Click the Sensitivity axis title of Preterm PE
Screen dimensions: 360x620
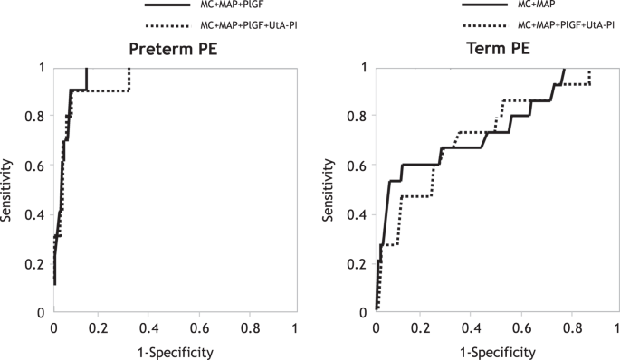pos(8,190)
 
